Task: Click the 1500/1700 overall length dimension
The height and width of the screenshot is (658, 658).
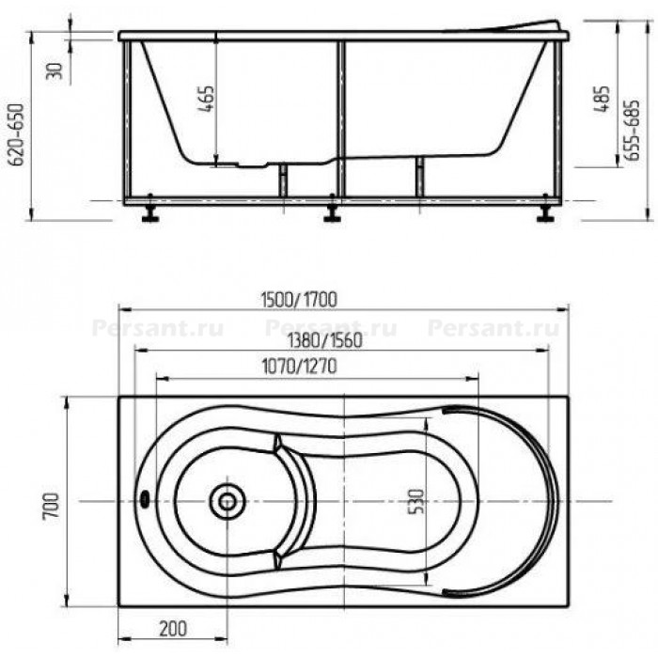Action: (x=299, y=300)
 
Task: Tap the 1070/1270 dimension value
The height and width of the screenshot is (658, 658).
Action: (x=299, y=367)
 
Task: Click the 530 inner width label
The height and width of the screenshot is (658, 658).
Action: (x=415, y=501)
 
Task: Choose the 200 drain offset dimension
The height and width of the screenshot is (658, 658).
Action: (x=173, y=629)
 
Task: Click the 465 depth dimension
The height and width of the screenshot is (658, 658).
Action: (x=206, y=99)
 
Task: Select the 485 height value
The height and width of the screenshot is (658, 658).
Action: (x=601, y=99)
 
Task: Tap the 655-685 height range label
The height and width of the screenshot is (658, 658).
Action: (x=632, y=130)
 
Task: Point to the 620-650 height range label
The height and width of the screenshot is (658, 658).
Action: (x=17, y=134)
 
